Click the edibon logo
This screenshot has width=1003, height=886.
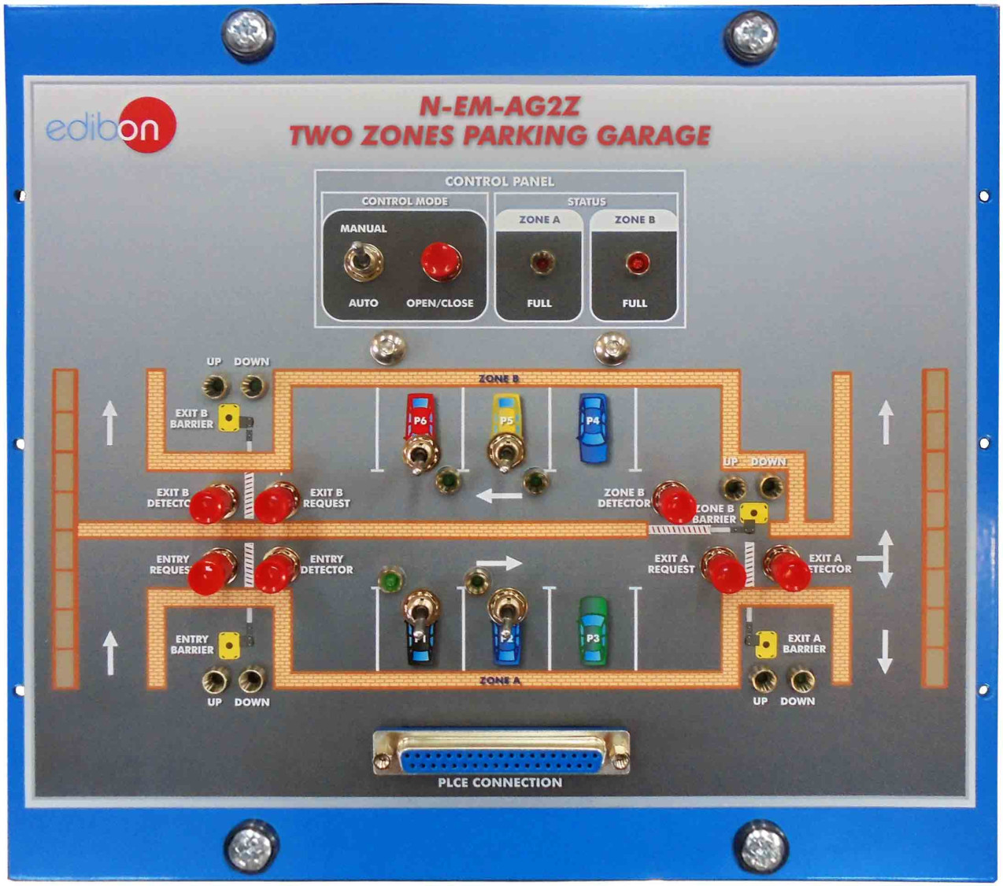[x=110, y=126]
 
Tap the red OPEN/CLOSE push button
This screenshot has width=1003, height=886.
[x=440, y=261]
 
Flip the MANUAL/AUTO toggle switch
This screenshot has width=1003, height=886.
[x=362, y=261]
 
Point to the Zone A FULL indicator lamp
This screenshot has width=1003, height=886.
[x=541, y=261]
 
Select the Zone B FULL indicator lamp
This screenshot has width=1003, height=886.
[x=637, y=262]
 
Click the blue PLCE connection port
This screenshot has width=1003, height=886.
[x=501, y=757]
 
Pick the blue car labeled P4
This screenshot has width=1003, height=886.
[x=593, y=428]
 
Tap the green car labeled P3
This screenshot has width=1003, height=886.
[x=593, y=631]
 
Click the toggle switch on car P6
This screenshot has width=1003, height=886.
[x=420, y=454]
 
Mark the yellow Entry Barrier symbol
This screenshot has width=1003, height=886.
[x=229, y=645]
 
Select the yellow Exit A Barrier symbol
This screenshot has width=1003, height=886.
[x=766, y=644]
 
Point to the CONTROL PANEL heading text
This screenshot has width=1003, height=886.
[x=499, y=181]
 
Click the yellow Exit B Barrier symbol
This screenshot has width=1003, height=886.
[x=229, y=417]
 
